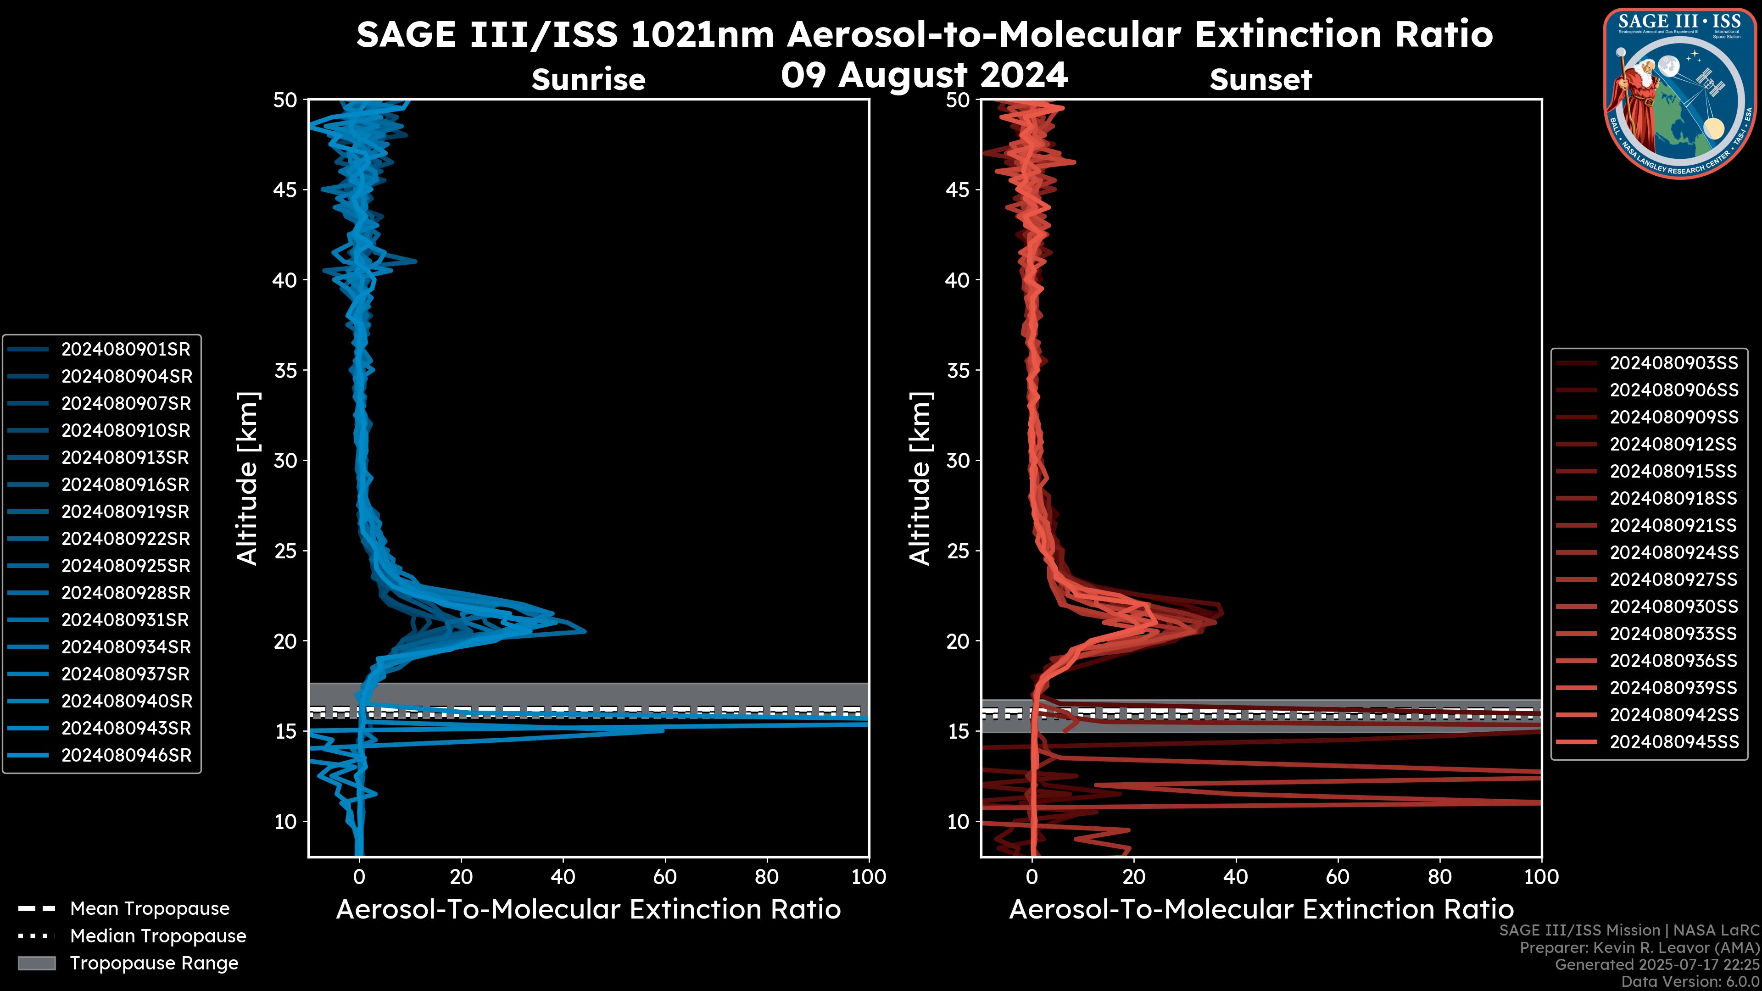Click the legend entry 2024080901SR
[x=126, y=350]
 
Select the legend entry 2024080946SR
[x=126, y=756]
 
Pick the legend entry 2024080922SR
[x=126, y=539]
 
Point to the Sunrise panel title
[x=588, y=80]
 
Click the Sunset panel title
[x=1260, y=80]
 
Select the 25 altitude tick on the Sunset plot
[x=958, y=551]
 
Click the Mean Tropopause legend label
[x=150, y=909]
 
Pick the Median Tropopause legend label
[x=158, y=936]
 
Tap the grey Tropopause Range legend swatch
[x=36, y=963]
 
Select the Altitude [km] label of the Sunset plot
[x=920, y=479]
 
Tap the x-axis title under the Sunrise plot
[x=588, y=910]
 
